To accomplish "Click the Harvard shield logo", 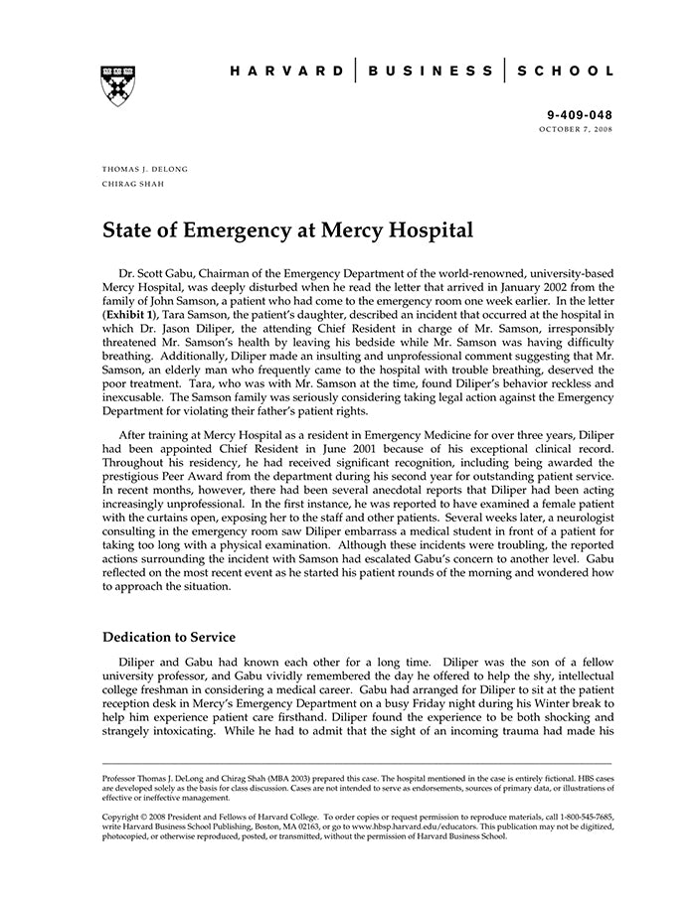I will [x=117, y=85].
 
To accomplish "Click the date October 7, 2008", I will [x=577, y=130].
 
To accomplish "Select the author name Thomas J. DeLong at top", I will [x=145, y=169].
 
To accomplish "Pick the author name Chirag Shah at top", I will [x=133, y=184].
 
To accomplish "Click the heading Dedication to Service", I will [x=169, y=637].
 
